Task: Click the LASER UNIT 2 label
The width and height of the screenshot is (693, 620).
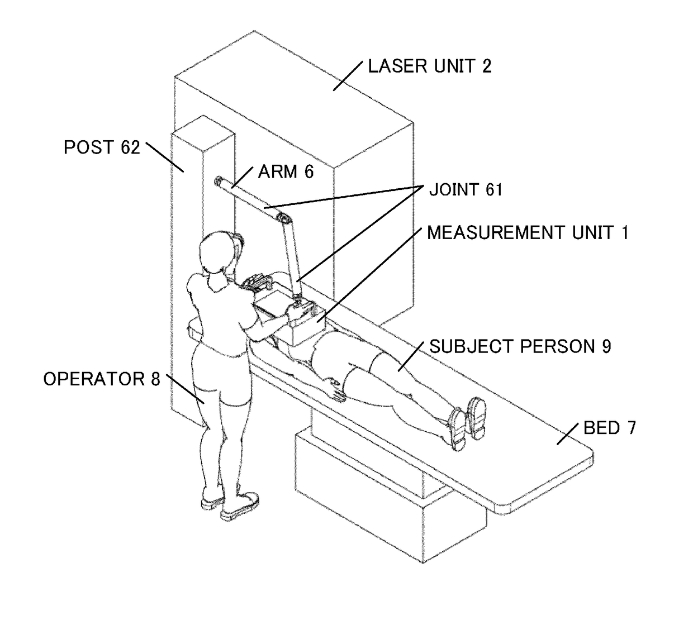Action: pos(429,66)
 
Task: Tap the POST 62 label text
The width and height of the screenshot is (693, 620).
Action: pos(101,147)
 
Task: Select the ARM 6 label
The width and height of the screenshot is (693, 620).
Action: pos(286,171)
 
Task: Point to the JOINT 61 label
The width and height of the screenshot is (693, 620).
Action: pos(466,190)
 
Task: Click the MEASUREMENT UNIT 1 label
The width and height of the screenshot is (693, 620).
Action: pos(528,232)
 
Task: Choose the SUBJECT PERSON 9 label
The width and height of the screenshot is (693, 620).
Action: pos(520,347)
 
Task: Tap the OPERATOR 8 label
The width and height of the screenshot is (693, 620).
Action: pos(101,379)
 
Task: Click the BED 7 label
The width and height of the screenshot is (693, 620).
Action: pos(609,428)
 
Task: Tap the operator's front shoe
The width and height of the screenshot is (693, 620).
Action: pos(239,504)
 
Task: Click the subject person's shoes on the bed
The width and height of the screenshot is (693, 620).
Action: pos(467,422)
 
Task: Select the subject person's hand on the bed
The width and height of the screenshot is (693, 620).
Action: pos(336,390)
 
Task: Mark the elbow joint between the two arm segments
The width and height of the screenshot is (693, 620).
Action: pos(284,217)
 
